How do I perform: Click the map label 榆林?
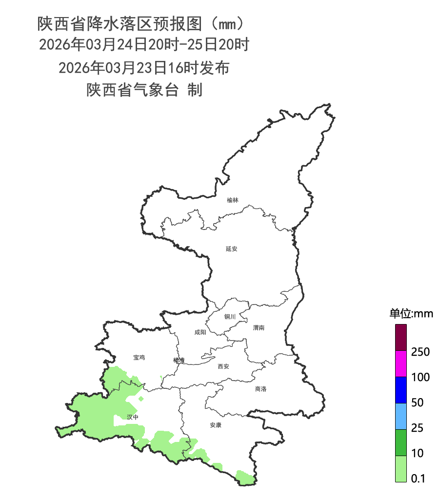pos(233,200)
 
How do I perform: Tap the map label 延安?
pos(232,249)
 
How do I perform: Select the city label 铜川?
pos(230,317)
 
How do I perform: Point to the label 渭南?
pos(259,328)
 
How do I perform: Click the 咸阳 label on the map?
pos(200,332)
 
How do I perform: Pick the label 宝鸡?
pos(139,358)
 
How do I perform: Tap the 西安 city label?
pos(223,366)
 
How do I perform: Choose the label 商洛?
pos(261,389)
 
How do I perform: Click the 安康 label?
pos(216,425)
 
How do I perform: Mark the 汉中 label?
pos(132,417)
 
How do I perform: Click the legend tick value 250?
pos(420,352)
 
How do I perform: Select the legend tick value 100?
pos(420,377)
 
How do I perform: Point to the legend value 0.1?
pos(418,478)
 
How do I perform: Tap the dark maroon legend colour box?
pos(400,338)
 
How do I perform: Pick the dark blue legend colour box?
pos(400,390)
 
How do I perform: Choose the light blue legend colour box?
pos(400,416)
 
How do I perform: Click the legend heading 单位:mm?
pos(411,313)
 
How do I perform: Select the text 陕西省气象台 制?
pos(144,90)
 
